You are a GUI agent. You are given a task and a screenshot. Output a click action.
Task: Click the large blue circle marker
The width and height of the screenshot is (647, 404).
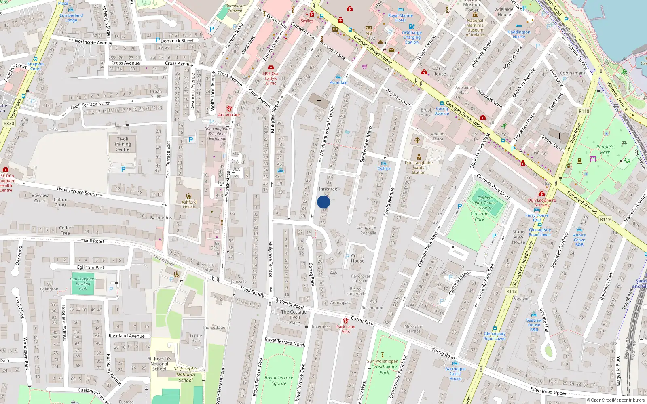(x=323, y=202)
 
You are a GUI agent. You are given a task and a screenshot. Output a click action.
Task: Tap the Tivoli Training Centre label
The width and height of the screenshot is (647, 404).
(x=123, y=144)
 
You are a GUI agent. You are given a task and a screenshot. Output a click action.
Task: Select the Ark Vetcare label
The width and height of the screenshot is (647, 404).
(x=229, y=115)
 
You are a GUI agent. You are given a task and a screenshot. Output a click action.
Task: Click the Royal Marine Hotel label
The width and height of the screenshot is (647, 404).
(x=400, y=18)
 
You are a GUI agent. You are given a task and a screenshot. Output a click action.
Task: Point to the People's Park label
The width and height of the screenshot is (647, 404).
(x=605, y=149)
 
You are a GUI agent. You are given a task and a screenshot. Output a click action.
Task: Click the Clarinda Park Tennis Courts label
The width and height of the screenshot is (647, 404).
(x=485, y=203)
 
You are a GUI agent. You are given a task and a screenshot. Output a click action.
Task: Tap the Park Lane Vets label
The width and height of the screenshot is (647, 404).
(x=346, y=329)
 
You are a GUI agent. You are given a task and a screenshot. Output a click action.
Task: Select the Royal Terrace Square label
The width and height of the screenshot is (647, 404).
(x=279, y=381)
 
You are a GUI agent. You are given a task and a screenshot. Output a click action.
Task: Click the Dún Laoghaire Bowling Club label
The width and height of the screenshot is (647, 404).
(x=83, y=284)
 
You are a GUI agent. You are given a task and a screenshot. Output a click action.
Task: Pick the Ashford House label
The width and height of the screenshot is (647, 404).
(x=189, y=204)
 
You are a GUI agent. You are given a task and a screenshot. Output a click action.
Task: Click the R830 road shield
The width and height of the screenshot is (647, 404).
(x=8, y=124)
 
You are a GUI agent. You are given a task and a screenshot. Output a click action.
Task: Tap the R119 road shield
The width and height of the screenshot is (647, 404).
(x=605, y=219)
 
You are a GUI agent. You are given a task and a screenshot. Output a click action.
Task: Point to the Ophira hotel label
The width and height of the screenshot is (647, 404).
(x=384, y=168)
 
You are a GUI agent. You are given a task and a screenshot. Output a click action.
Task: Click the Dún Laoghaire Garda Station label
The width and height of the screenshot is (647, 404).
(x=419, y=167)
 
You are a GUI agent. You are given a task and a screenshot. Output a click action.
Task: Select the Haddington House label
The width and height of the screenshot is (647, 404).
(x=519, y=34)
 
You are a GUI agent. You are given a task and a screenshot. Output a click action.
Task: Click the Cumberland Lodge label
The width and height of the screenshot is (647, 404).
(x=71, y=17)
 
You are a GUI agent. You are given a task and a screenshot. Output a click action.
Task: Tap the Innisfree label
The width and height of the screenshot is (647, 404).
(x=328, y=189)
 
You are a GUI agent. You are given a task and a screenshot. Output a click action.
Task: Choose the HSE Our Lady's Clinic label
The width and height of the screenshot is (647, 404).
(x=271, y=78)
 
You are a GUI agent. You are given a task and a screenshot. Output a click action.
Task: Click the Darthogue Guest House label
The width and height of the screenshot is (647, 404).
(x=455, y=374)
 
